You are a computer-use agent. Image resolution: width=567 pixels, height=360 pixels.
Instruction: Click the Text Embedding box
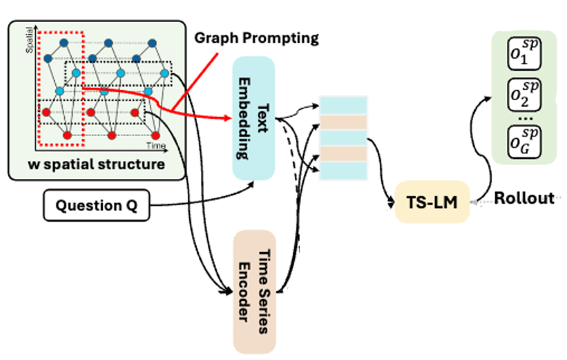click(253, 117)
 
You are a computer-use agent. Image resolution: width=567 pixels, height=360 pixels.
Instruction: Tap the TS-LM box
click(432, 201)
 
